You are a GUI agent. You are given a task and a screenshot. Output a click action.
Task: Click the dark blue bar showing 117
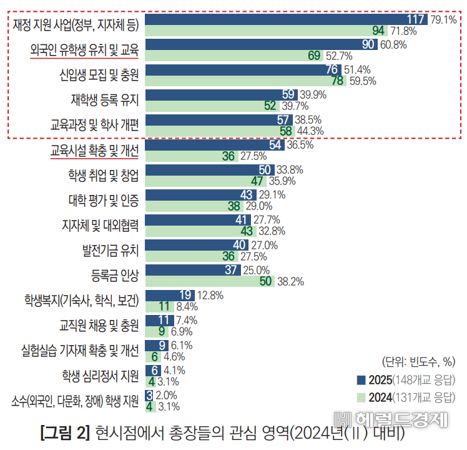[286, 19]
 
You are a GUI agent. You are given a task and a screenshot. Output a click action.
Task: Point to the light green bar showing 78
[245, 81]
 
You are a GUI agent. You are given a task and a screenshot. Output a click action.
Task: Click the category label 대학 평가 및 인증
[103, 199]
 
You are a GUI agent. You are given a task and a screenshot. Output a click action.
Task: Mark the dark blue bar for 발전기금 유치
[197, 244]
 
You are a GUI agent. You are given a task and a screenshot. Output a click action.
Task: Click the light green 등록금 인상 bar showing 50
[209, 281]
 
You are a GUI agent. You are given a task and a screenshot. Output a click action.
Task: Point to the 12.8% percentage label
[210, 294]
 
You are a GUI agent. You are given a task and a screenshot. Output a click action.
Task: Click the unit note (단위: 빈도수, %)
[418, 361]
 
